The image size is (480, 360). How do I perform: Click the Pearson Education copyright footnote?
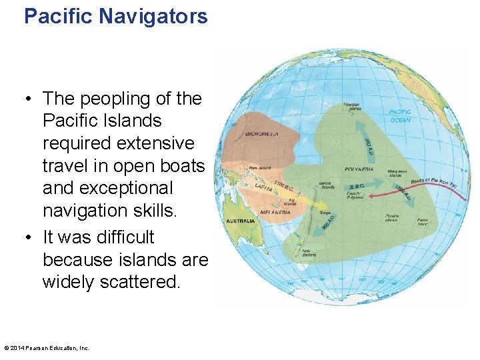(47, 348)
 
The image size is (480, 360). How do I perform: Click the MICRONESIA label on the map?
(261, 133)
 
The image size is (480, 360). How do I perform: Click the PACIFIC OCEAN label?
(400, 116)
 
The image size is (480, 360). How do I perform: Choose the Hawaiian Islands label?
(351, 106)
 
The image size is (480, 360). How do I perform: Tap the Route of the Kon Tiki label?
(433, 181)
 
